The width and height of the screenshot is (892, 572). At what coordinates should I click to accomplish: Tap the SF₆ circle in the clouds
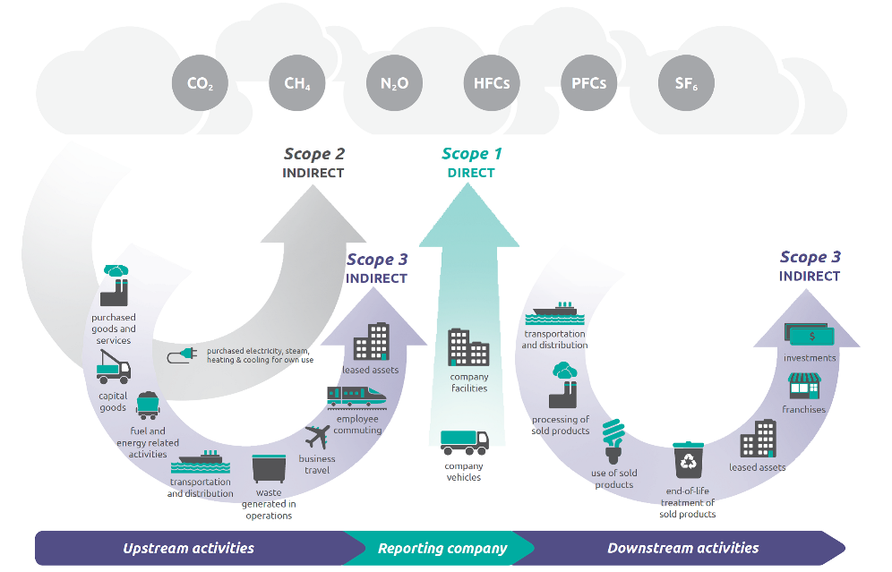(x=686, y=84)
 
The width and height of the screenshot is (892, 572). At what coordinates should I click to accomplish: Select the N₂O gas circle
(x=394, y=84)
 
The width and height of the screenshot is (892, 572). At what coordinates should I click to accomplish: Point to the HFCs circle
(x=492, y=84)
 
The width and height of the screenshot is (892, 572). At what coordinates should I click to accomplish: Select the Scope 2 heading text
(x=313, y=154)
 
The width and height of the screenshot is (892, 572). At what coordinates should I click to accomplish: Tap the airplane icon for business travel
(x=317, y=438)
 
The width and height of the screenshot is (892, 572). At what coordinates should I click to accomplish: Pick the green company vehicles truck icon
(x=464, y=442)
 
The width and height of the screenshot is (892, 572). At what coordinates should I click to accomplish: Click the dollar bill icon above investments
(x=809, y=336)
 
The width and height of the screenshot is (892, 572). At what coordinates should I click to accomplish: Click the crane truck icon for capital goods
(x=113, y=366)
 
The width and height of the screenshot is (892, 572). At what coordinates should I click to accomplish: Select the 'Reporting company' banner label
(x=442, y=549)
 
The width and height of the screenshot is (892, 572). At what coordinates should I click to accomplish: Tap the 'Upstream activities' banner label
(x=188, y=549)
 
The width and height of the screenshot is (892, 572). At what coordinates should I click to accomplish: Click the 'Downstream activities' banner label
(x=682, y=549)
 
